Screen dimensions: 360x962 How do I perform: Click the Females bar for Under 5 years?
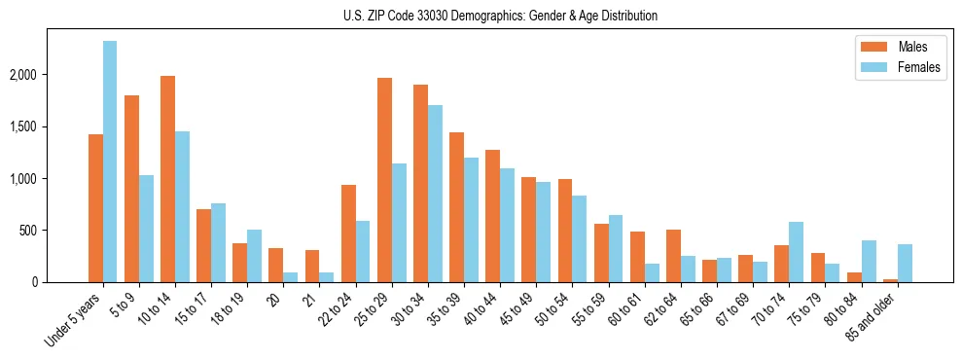[110, 162]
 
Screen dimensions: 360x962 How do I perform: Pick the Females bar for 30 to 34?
[435, 194]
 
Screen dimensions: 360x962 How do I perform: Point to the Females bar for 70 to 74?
[796, 252]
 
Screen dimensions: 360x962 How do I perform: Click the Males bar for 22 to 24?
[348, 234]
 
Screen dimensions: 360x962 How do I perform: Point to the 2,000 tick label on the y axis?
[50, 75]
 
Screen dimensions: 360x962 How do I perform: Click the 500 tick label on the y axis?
[55, 231]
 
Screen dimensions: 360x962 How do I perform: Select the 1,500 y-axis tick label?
[50, 126]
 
